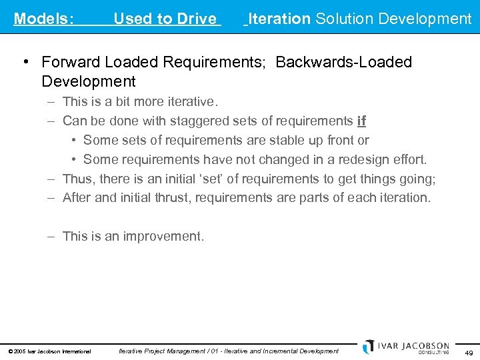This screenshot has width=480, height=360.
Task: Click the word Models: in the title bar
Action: pos(43,19)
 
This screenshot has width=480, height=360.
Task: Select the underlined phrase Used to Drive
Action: pos(165,19)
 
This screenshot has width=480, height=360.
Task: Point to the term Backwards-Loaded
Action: pos(344,62)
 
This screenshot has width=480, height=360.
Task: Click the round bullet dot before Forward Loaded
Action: pos(25,62)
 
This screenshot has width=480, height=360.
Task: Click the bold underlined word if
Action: pos(362,121)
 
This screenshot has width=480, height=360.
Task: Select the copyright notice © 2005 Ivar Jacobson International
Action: pos(49,351)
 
